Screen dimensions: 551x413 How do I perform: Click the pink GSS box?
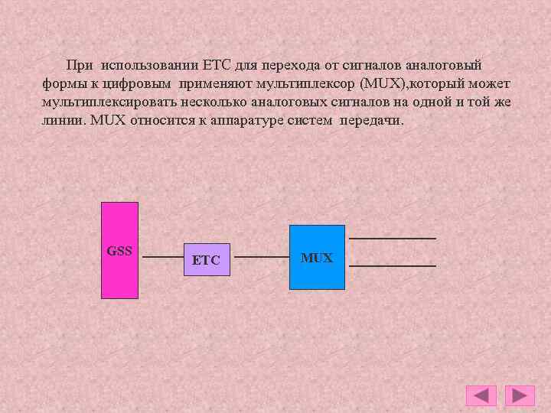[x=120, y=249]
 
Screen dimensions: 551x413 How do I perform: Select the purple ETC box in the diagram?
[x=207, y=259]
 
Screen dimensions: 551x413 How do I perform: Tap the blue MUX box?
[x=317, y=257]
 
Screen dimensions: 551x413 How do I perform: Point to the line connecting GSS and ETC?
[x=161, y=258]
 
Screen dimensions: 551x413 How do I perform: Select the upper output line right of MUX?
[x=397, y=239]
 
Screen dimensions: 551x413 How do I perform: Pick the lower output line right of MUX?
[x=393, y=265]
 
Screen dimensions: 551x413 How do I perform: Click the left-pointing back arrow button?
[x=481, y=395]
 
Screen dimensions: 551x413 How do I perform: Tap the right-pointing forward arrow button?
[x=520, y=395]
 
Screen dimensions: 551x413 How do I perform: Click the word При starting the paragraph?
[x=80, y=66]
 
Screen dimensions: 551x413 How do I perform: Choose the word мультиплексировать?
[x=103, y=102]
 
